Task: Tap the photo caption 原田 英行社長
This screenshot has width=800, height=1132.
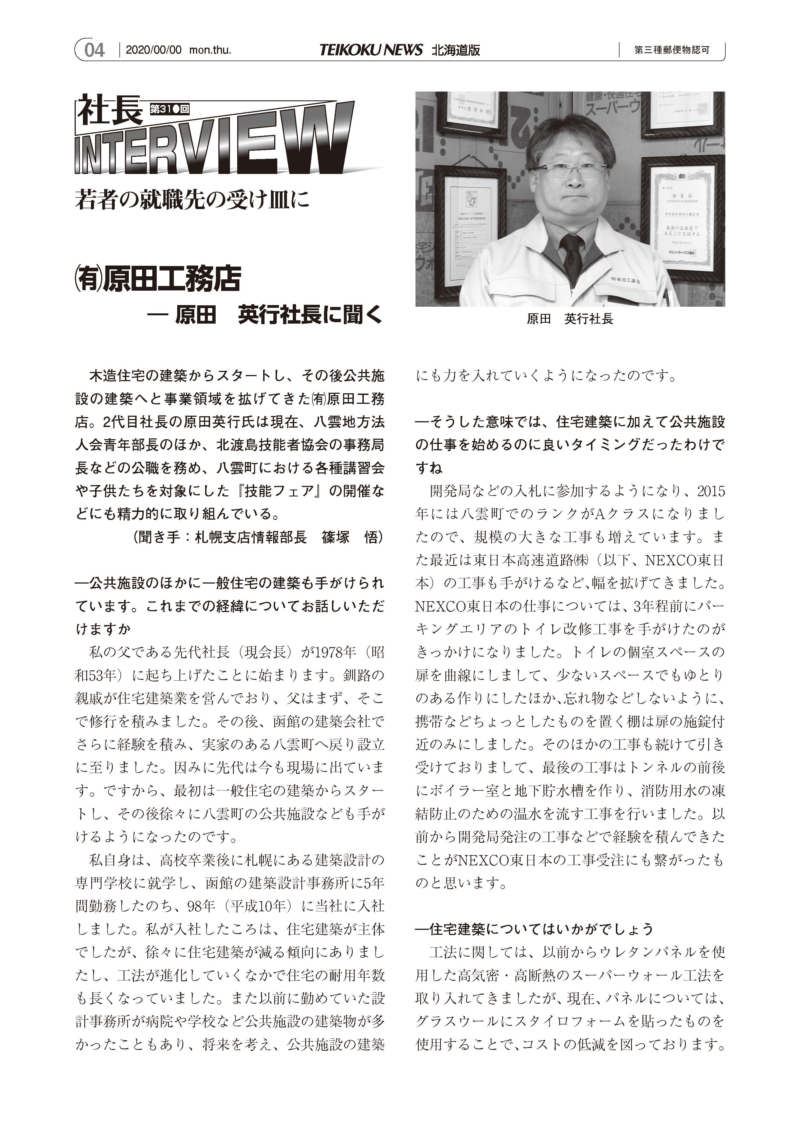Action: (x=570, y=319)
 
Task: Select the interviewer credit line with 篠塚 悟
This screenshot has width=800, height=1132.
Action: (x=258, y=537)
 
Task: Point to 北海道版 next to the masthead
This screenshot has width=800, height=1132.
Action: (x=456, y=50)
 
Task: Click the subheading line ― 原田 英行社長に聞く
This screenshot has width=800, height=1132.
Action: (x=265, y=316)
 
